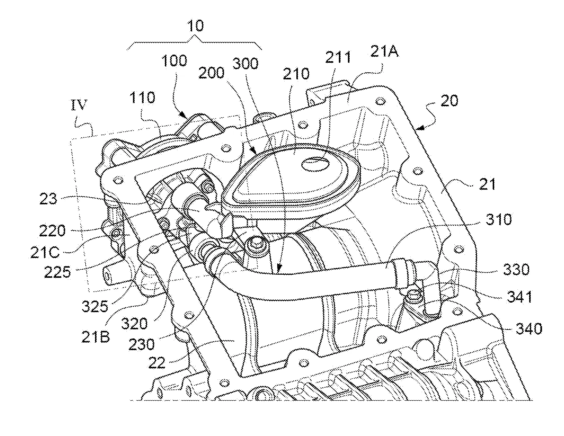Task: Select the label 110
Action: pos(143,98)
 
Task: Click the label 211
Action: pos(338,57)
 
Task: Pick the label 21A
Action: pos(384,52)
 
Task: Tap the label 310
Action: pos(498,220)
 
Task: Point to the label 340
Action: pos(529,328)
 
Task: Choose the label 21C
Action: pos(45,252)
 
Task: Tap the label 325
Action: pos(95,307)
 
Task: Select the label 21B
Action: pos(96,337)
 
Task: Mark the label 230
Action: pos(142,344)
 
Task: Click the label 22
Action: pos(157,363)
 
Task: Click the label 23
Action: pos(48,199)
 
